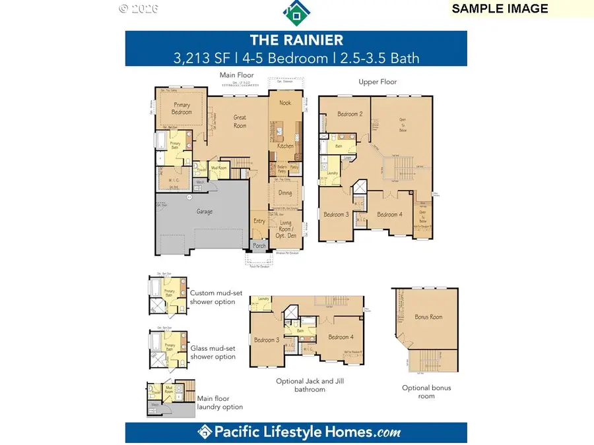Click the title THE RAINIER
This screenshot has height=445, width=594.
tap(296, 40)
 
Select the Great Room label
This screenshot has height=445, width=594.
tap(240, 121)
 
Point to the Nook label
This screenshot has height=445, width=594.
tap(284, 103)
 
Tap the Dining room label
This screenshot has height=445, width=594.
tap(284, 193)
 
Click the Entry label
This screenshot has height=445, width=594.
tap(259, 221)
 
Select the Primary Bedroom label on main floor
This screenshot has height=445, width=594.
tap(182, 109)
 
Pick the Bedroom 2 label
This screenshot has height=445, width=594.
tap(350, 114)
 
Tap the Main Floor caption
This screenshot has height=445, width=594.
tap(236, 76)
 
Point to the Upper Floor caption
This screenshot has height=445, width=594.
tap(377, 82)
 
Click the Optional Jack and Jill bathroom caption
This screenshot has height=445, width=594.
tap(310, 385)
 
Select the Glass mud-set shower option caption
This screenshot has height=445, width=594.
tap(213, 352)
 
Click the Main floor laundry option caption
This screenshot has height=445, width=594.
tap(220, 402)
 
